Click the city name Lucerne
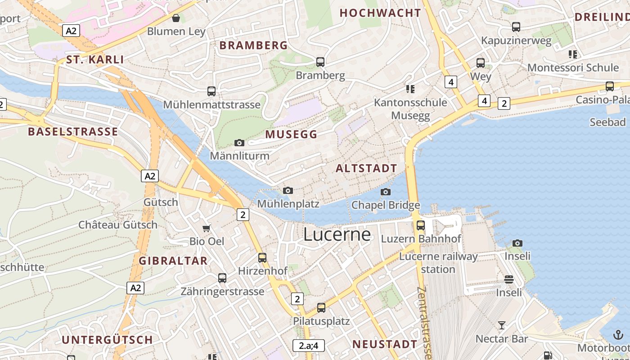click(337, 234)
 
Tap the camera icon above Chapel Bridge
click(385, 192)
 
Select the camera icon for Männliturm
click(239, 143)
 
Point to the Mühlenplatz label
click(288, 204)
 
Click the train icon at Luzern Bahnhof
click(421, 225)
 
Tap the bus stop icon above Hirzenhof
click(262, 258)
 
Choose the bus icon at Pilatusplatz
click(321, 308)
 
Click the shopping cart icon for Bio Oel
click(207, 229)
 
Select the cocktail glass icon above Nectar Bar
click(502, 325)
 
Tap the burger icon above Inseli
click(509, 279)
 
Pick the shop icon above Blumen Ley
click(176, 18)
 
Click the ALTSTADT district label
click(367, 169)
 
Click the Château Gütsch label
click(118, 225)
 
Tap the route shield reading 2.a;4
click(308, 346)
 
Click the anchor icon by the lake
click(618, 335)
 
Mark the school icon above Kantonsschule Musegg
click(410, 89)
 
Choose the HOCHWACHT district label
click(380, 13)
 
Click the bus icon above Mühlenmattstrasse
click(211, 91)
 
